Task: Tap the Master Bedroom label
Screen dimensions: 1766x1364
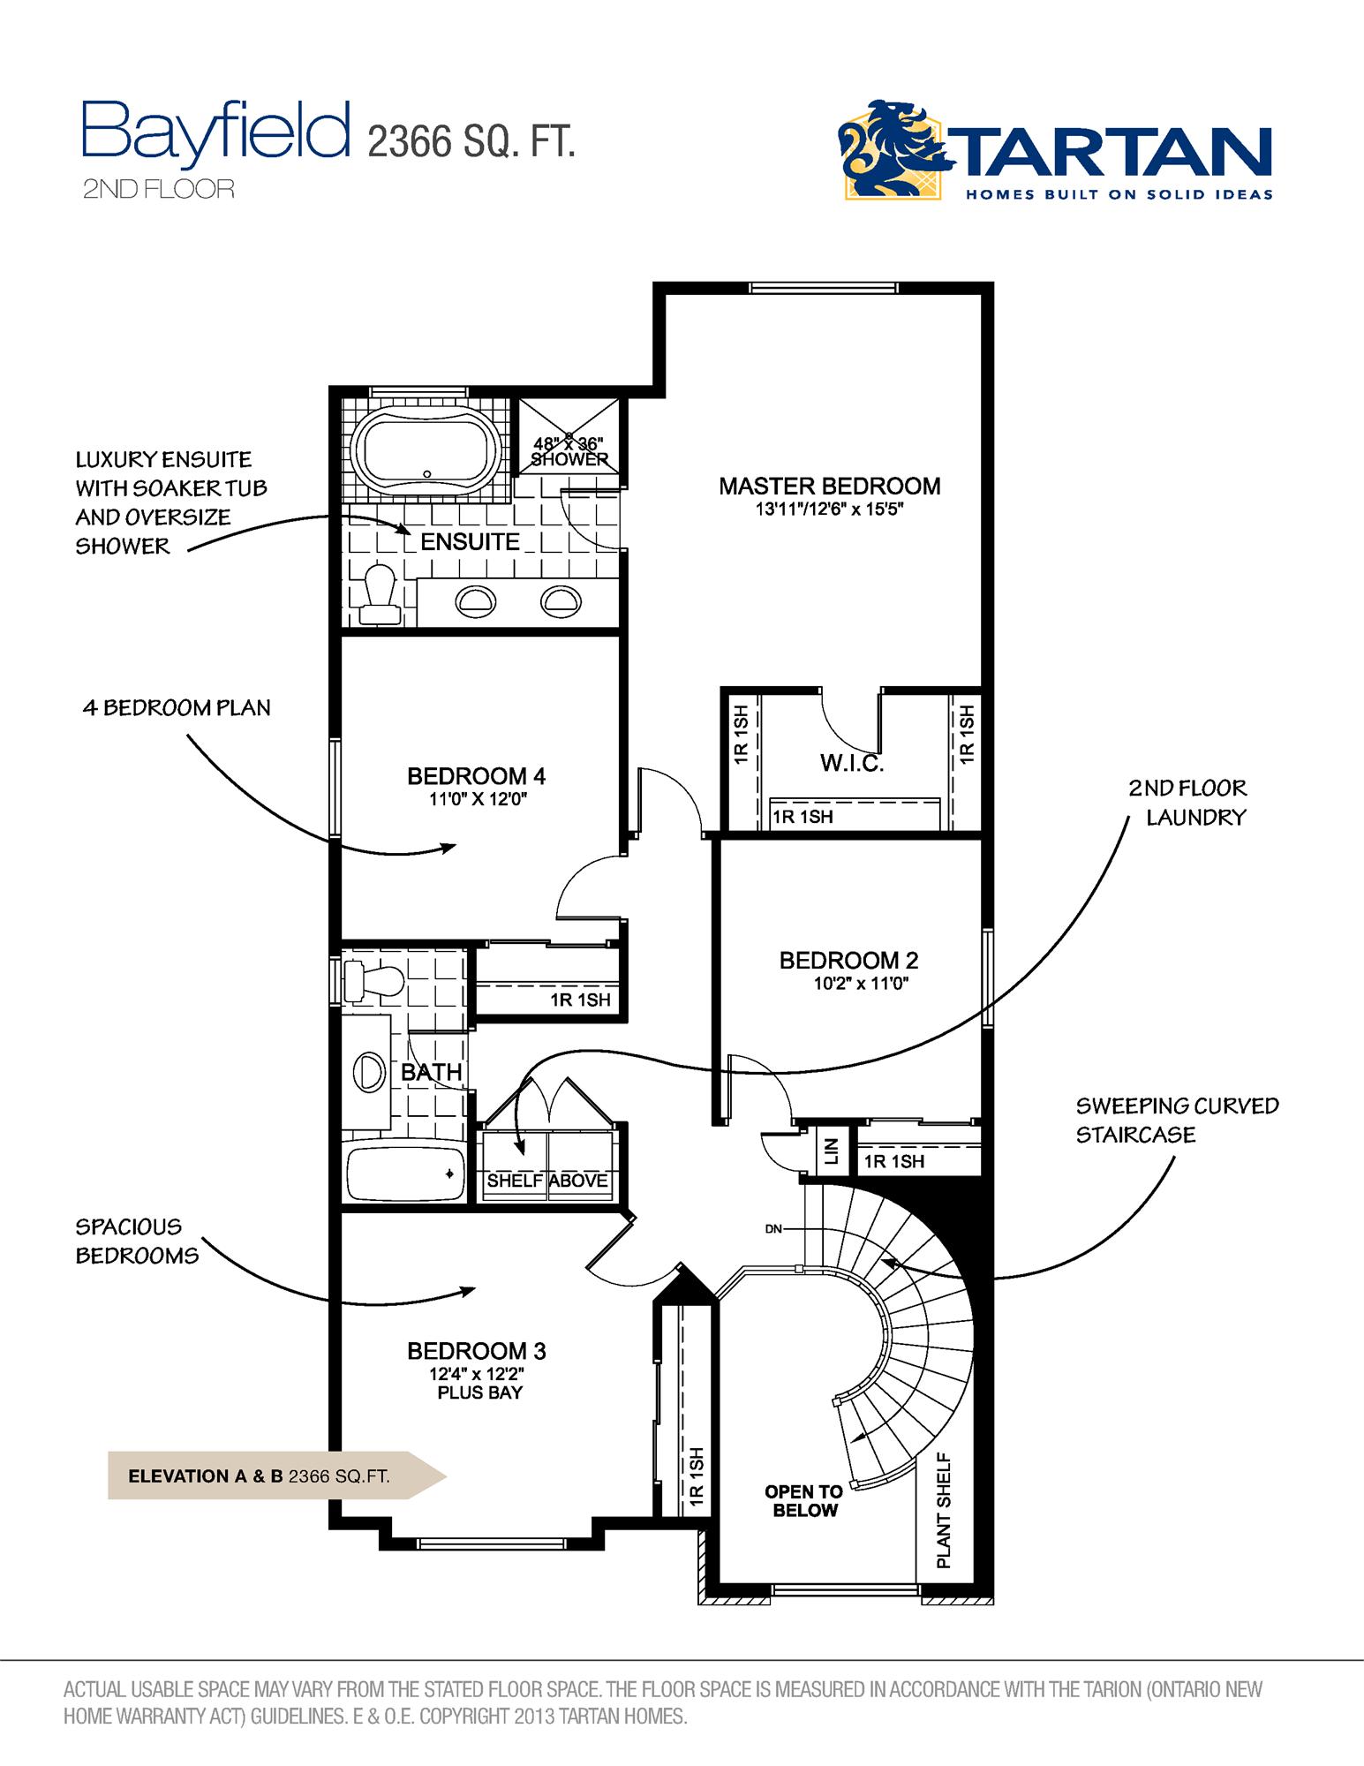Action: click(x=829, y=486)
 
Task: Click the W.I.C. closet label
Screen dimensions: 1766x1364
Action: click(x=852, y=763)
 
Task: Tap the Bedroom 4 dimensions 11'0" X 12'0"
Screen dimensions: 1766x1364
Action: click(x=477, y=800)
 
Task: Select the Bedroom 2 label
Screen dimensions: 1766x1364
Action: click(x=848, y=960)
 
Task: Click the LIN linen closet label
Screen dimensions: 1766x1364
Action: click(x=830, y=1151)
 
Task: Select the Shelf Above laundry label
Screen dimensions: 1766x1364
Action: click(x=547, y=1181)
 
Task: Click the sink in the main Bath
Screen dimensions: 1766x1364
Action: click(x=369, y=1073)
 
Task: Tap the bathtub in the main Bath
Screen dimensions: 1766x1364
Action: click(x=405, y=1173)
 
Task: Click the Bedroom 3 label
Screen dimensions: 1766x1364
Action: click(x=477, y=1351)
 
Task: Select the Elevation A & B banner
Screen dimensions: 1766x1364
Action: click(x=265, y=1475)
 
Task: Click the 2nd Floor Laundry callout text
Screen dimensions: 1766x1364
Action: click(x=1187, y=802)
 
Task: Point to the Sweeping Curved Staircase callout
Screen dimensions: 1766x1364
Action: click(x=1176, y=1120)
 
